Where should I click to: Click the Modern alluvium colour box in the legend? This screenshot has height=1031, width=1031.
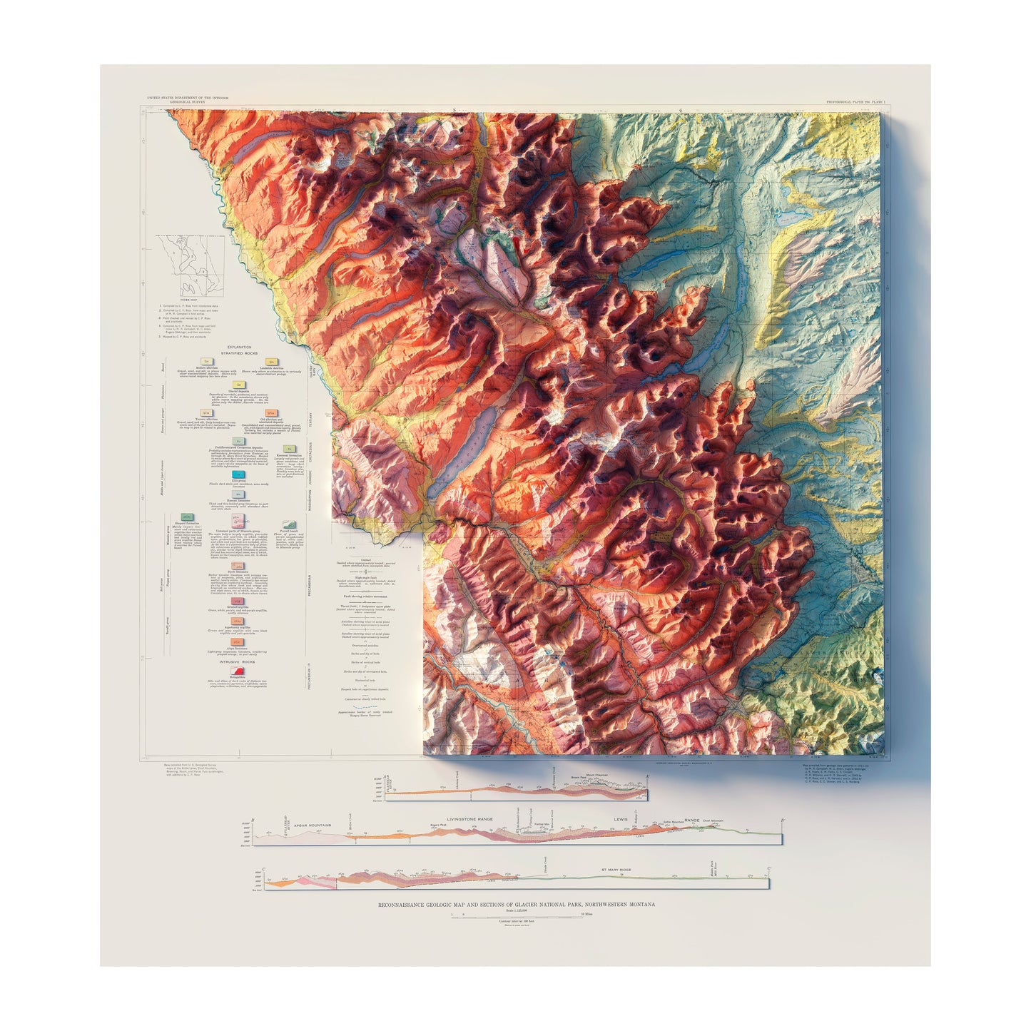(x=205, y=362)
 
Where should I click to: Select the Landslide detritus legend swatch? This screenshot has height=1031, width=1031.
(x=270, y=362)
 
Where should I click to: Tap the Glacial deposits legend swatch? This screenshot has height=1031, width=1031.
(x=239, y=385)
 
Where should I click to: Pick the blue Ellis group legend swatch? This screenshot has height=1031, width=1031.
(x=239, y=474)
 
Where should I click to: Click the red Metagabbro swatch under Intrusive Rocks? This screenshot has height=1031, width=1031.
(x=239, y=670)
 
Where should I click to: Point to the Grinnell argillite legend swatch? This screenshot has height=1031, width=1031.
(x=239, y=601)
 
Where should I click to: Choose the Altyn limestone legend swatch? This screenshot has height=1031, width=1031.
(x=239, y=641)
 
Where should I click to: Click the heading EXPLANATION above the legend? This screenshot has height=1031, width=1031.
(x=239, y=347)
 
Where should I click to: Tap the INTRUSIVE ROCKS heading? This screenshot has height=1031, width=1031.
(x=238, y=662)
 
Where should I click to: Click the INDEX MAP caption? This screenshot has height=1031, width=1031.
(x=190, y=300)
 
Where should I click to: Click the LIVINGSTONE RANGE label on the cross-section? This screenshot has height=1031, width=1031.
(x=469, y=820)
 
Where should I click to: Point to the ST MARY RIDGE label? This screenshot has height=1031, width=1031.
(x=616, y=870)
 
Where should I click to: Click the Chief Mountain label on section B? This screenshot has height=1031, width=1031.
(x=712, y=821)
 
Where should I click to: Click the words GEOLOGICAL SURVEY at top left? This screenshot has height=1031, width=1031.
(x=188, y=102)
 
